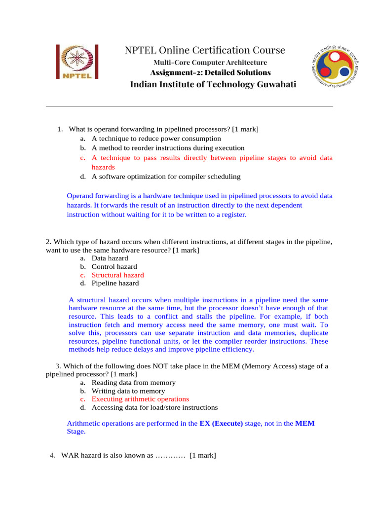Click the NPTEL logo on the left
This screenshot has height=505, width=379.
pyautogui.click(x=77, y=62)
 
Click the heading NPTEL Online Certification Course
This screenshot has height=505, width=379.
pyautogui.click(x=205, y=50)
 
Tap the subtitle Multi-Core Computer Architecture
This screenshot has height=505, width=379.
pyautogui.click(x=210, y=63)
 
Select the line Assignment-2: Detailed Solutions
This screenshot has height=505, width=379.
pyautogui.click(x=210, y=72)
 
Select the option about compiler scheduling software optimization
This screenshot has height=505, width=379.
pyautogui.click(x=166, y=177)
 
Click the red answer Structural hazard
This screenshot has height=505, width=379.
pyautogui.click(x=118, y=275)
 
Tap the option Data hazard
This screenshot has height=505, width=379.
pyautogui.click(x=110, y=258)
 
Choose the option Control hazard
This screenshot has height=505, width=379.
pyautogui.click(x=114, y=267)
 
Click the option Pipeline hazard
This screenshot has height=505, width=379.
pyautogui.click(x=115, y=284)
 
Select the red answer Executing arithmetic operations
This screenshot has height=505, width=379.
pyautogui.click(x=140, y=399)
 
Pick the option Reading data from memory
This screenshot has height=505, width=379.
pyautogui.click(x=133, y=383)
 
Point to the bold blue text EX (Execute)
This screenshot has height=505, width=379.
pyautogui.click(x=221, y=424)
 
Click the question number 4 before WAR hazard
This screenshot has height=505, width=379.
pyautogui.click(x=52, y=456)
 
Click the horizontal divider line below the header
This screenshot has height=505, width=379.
pyautogui.click(x=189, y=107)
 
